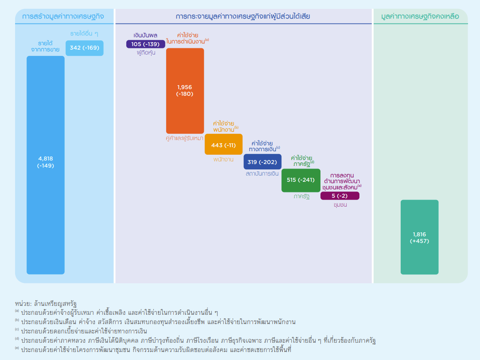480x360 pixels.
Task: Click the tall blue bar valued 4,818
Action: tap(45, 165)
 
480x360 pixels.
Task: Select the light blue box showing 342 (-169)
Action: tap(84, 48)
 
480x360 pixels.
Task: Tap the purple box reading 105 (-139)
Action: tap(145, 44)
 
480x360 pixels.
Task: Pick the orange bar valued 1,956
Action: tap(185, 91)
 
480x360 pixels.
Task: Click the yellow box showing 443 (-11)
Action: tap(223, 145)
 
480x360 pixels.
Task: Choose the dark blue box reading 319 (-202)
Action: tap(262, 162)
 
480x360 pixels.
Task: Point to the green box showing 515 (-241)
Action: tap(301, 180)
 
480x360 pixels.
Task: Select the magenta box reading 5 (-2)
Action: tap(340, 196)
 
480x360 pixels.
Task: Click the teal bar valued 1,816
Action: tap(419, 237)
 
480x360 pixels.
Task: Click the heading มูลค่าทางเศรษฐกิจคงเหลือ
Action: tap(420, 17)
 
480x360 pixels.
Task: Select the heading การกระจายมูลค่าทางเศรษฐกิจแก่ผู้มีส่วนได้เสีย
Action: tap(243, 17)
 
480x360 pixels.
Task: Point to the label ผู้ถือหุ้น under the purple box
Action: tap(146, 53)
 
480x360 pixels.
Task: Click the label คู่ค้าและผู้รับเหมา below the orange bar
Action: tap(185, 138)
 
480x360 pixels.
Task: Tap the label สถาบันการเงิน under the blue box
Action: tap(262, 174)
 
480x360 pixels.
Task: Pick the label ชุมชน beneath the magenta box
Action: tap(340, 205)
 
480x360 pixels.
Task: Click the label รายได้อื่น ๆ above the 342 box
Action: tap(84, 34)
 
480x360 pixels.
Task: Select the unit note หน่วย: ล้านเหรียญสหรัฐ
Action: tap(46, 303)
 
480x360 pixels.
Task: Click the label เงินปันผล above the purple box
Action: tap(145, 35)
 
